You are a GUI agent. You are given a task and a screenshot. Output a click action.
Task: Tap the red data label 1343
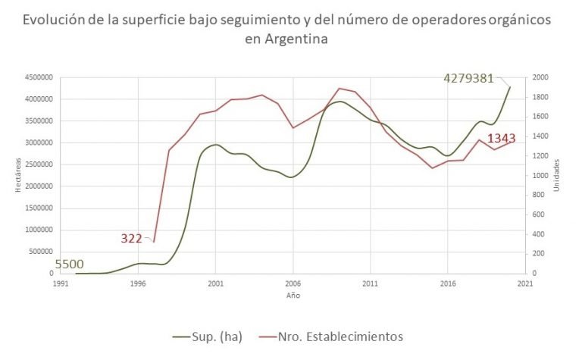(x=502, y=139)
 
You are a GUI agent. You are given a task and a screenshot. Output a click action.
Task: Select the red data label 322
(x=132, y=238)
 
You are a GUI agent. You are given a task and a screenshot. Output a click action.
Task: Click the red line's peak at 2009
(x=339, y=88)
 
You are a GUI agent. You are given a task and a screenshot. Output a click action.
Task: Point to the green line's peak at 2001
(x=215, y=144)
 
